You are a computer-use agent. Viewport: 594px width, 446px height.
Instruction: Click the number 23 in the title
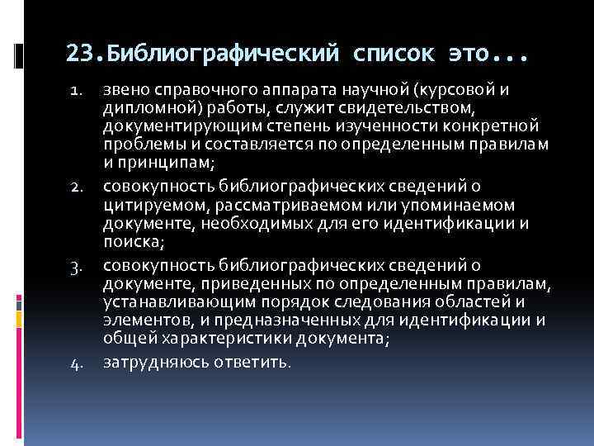pyautogui.click(x=79, y=54)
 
